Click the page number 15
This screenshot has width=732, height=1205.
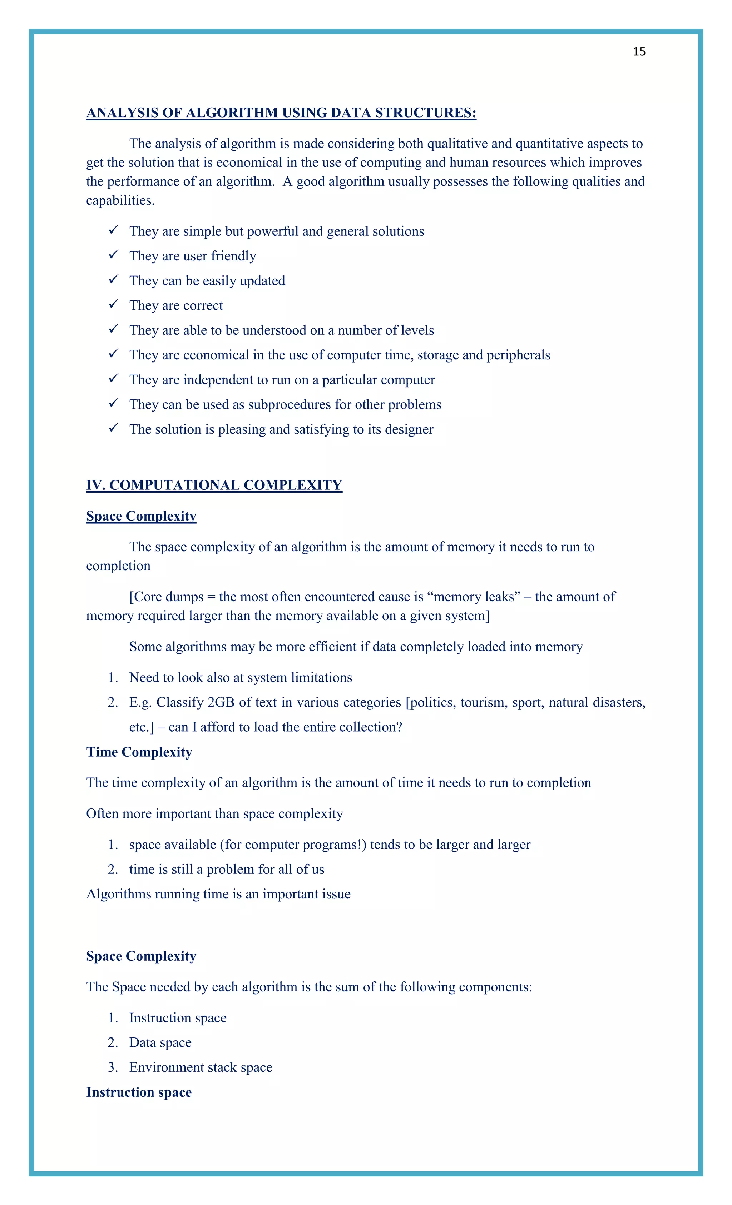(639, 52)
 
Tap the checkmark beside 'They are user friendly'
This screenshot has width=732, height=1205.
(114, 254)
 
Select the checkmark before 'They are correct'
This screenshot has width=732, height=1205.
(114, 304)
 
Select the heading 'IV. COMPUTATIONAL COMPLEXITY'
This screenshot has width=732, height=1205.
(214, 485)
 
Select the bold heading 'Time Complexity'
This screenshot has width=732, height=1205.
(139, 752)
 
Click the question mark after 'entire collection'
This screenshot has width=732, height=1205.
(399, 727)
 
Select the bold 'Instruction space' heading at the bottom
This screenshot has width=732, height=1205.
(139, 1092)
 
